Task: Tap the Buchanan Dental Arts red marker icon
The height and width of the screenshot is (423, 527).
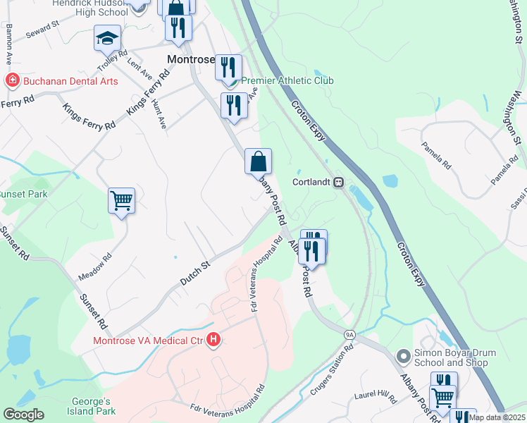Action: coord(11,81)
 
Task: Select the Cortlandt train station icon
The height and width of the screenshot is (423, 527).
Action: coord(338,182)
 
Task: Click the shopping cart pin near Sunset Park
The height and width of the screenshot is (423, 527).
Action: coord(121,200)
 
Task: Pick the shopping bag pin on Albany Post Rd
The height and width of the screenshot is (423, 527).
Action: coord(258,161)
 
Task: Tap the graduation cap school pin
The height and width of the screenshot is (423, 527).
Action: coord(107,38)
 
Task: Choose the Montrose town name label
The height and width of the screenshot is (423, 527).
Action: coord(190,60)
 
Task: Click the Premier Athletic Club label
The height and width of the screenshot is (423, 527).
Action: coord(287,80)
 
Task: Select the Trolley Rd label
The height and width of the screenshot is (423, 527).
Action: coord(112,62)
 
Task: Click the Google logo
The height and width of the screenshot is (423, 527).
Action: coord(23,415)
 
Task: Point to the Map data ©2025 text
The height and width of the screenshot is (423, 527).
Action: coord(497,417)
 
